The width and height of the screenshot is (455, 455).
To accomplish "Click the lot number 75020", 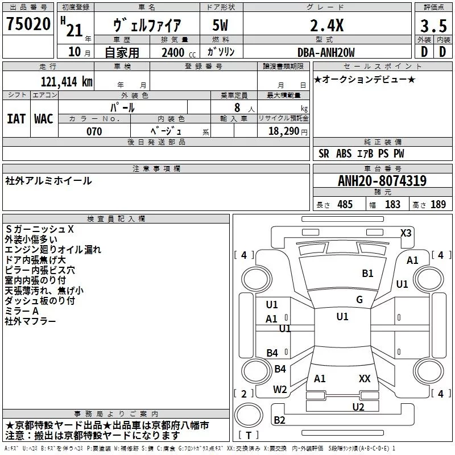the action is pos(28,24).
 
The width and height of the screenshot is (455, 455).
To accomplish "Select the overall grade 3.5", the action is pos(433,26).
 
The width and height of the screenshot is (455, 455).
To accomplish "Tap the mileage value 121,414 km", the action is pos(67,82).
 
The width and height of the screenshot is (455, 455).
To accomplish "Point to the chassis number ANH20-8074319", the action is pos(382,181).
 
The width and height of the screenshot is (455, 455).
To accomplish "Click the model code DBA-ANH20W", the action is pos(326,52).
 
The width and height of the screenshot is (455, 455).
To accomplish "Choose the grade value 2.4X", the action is pos(326,26).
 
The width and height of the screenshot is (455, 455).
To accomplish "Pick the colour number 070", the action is pos(94,131).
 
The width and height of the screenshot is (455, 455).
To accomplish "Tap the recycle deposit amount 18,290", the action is pos(283,131).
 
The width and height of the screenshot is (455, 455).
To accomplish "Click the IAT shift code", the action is pos(16,119).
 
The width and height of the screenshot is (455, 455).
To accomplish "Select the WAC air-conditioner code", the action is pos(44,119).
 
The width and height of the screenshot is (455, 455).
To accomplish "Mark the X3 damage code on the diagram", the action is pos(406,233).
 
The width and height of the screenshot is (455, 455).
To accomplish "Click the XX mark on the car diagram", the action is pos(365,378).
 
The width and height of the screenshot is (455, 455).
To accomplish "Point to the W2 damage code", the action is pos(280,390).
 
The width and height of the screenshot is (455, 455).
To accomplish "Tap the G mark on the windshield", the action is pos(359,300).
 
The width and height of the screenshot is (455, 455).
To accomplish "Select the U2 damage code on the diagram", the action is pos(358,407).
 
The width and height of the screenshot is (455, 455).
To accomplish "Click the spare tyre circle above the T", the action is pos(249,415).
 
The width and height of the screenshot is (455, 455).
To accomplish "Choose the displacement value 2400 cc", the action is pos(179,53).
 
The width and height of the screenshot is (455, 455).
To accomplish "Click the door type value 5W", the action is pos(220,26).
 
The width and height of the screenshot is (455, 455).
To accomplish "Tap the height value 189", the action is pos(438,204).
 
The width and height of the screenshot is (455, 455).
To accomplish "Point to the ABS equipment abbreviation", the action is pos(344,154).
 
